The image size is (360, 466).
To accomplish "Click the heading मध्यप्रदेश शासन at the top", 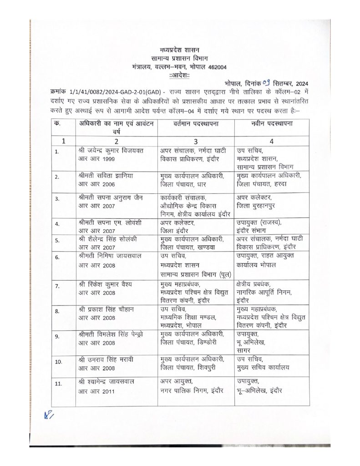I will click(x=180, y=49).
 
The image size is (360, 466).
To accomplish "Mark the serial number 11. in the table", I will click(x=58, y=384).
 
